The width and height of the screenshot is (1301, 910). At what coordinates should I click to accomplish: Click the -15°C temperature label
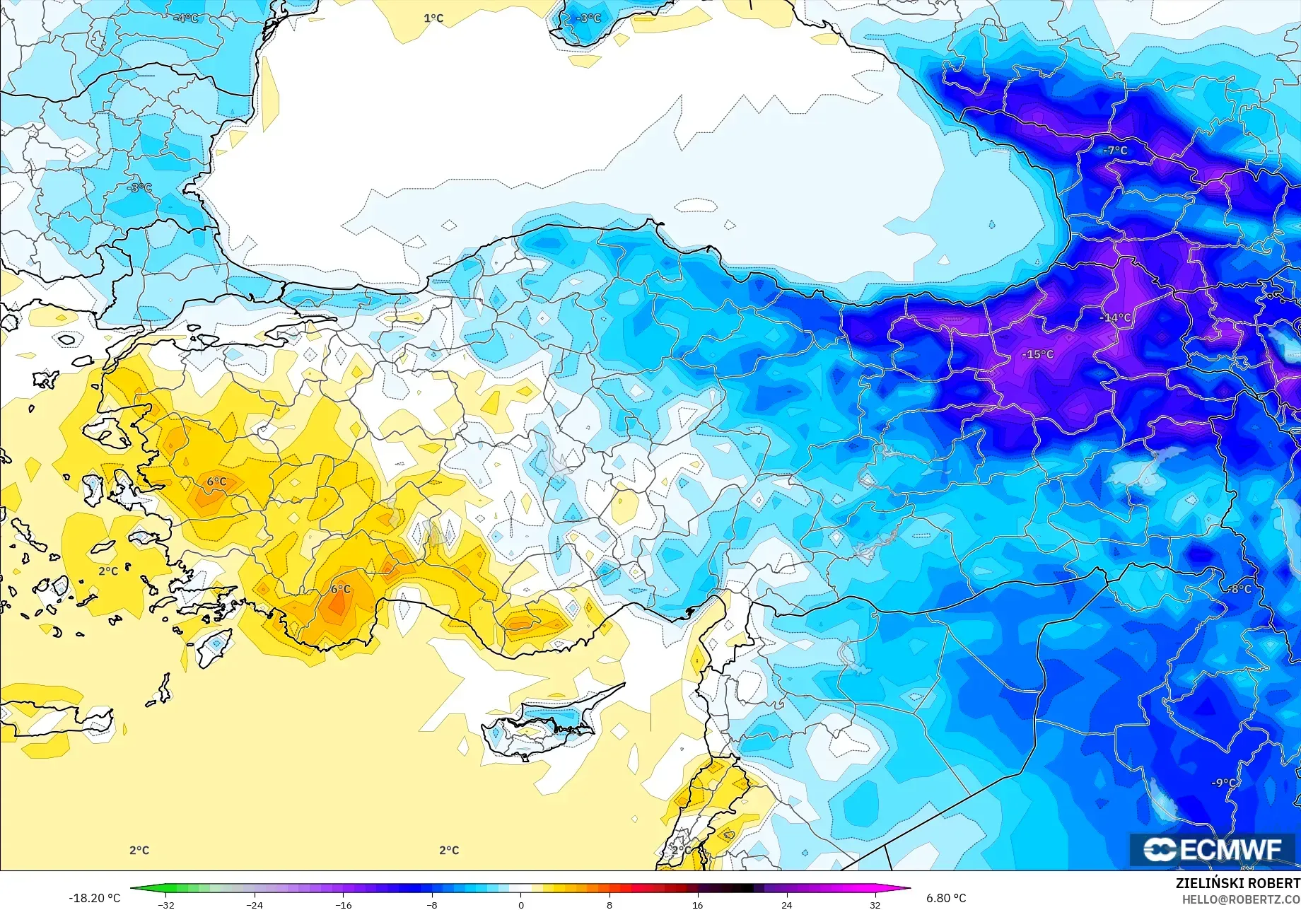point(1037,354)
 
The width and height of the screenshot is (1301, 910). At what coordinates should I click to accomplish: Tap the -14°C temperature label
point(1115,317)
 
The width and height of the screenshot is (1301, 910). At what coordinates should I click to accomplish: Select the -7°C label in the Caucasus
point(1115,150)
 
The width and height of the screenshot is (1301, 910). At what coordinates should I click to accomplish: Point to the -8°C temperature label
point(1238,588)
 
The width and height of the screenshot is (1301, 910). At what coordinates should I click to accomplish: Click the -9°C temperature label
point(1224,783)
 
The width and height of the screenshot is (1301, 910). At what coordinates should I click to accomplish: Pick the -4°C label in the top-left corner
point(186,18)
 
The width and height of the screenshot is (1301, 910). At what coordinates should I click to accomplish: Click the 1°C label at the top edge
point(433,18)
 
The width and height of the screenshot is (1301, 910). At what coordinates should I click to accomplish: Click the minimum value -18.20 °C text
point(94,898)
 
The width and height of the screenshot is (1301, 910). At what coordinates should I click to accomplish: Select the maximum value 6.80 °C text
point(946,898)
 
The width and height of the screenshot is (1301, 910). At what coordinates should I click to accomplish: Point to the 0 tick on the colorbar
point(521,904)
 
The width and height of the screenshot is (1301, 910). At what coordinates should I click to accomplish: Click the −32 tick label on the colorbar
point(165,904)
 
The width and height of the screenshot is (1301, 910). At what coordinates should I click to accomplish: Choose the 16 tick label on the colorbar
point(698,904)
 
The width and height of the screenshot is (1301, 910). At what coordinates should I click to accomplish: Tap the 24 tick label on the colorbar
point(786,904)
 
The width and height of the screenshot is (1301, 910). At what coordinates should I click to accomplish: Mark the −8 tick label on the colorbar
point(432,904)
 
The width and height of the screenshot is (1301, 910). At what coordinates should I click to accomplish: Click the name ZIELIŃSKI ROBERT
point(1237,883)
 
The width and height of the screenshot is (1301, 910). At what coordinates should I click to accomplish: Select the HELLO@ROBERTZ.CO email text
point(1241,899)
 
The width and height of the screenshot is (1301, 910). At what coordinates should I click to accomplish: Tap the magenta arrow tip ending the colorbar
point(906,889)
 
